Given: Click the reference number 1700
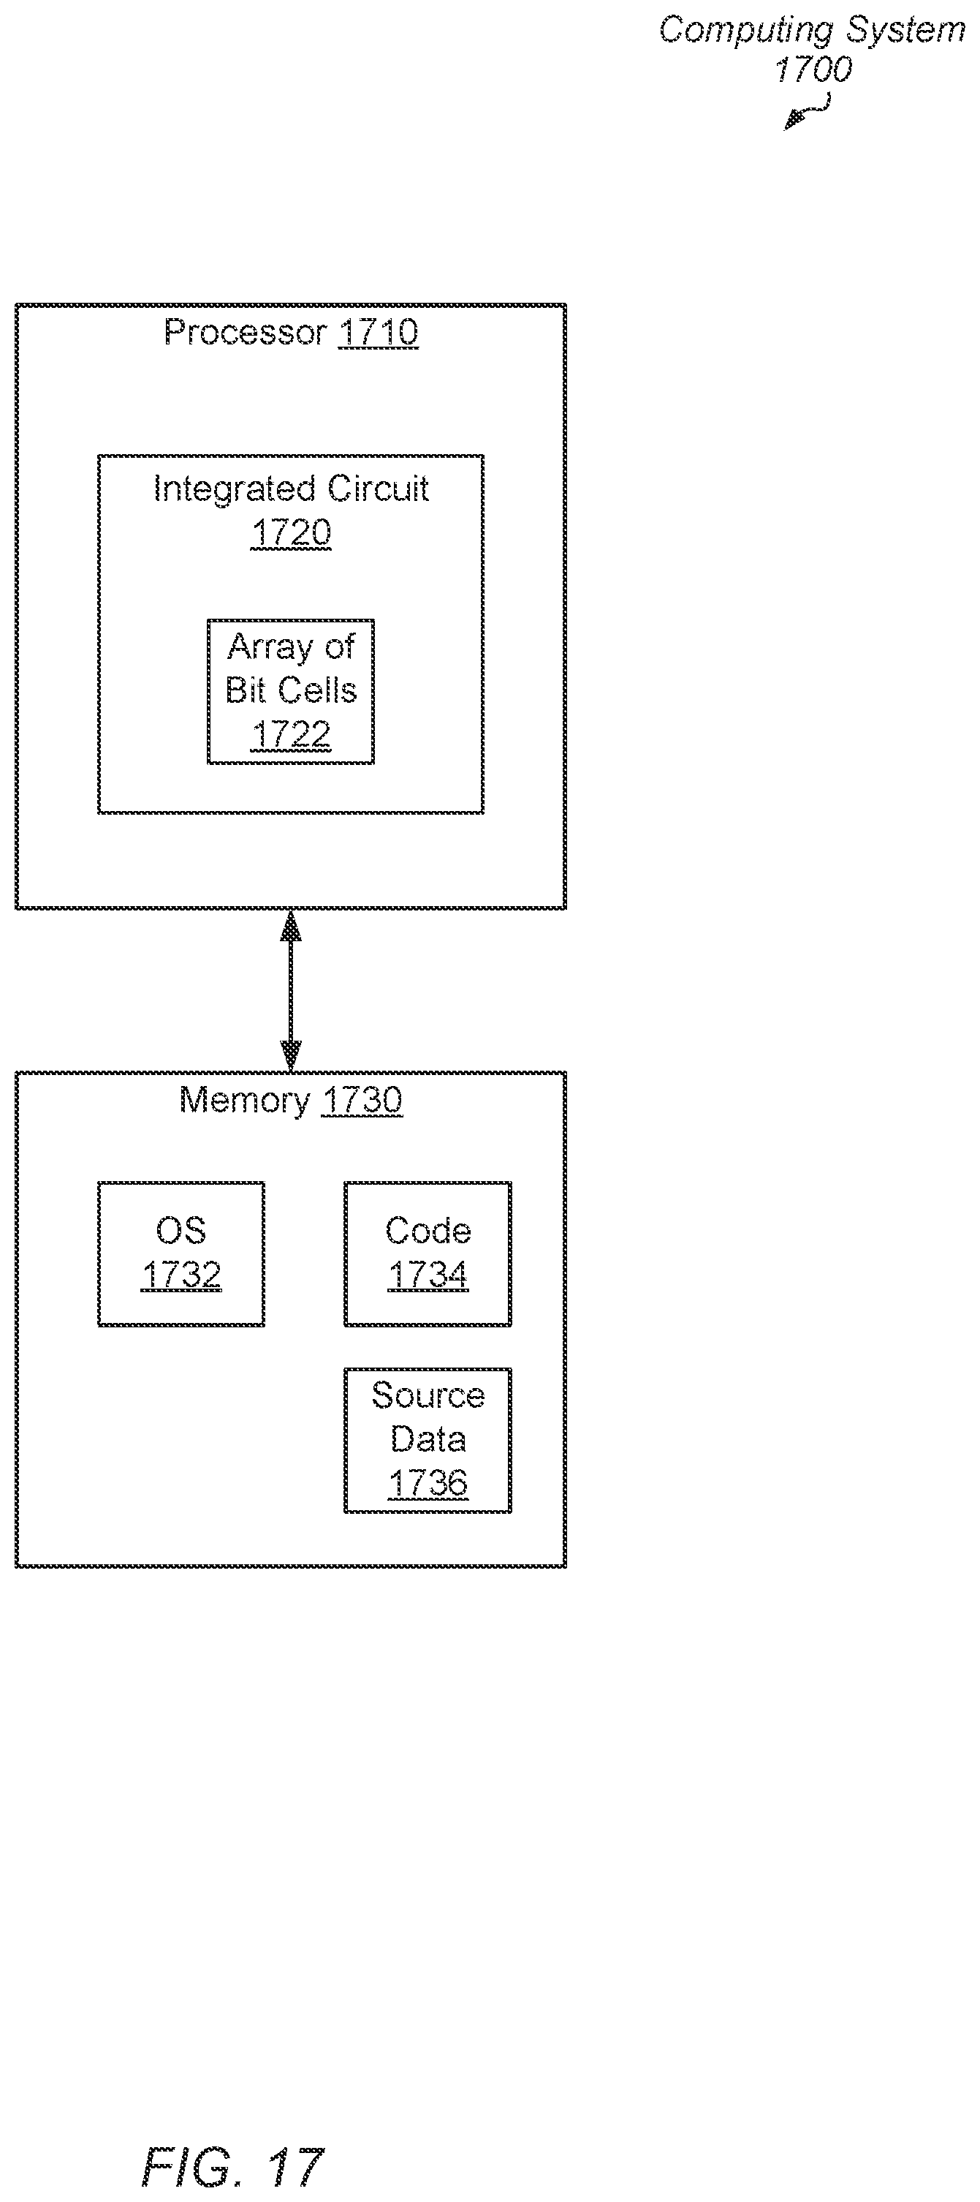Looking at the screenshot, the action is [813, 70].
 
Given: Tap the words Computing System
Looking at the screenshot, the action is [812, 30].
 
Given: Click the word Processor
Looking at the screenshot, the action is [246, 332].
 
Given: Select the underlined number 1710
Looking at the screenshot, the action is [379, 333].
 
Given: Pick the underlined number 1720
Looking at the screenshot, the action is [291, 533].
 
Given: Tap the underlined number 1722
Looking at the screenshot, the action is [291, 735].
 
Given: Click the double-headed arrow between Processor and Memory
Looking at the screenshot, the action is [291, 990].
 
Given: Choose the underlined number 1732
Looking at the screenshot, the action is [181, 1275].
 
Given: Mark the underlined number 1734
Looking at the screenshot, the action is [428, 1275].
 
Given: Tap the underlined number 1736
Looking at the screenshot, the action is [428, 1483].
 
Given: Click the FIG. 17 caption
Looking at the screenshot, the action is [232, 2167].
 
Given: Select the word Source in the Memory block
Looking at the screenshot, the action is [428, 1396].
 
